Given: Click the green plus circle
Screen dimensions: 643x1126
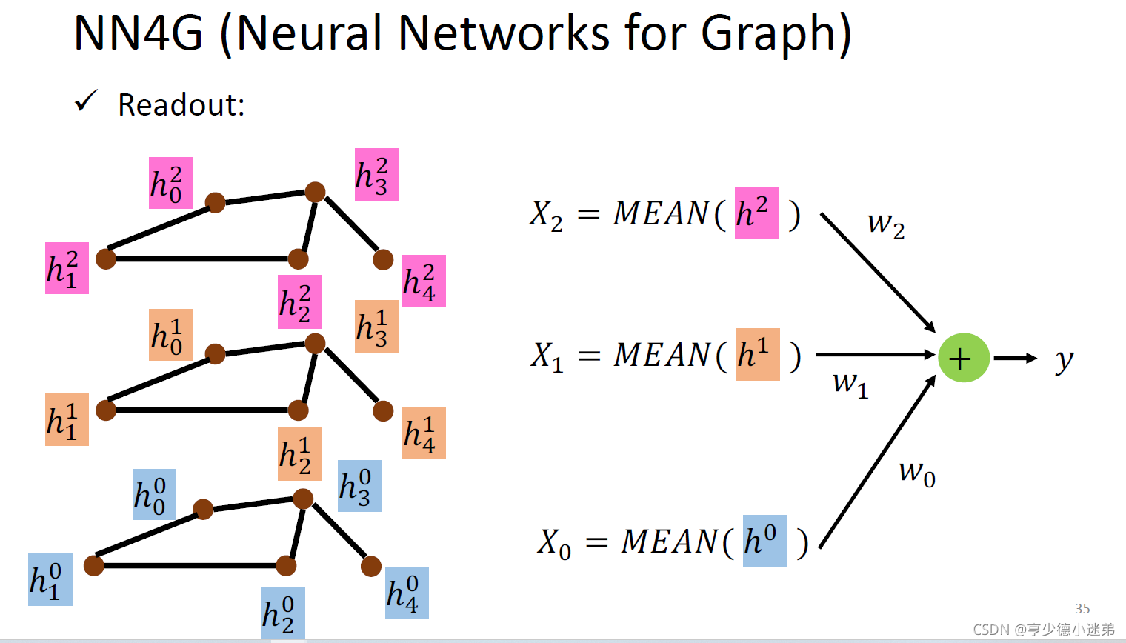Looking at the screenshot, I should click(x=963, y=358).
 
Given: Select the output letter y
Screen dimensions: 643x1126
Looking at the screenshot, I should click(x=1064, y=360).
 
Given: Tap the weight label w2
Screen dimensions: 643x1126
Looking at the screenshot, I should click(x=886, y=223).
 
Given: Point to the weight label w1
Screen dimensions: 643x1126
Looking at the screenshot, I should click(x=850, y=383).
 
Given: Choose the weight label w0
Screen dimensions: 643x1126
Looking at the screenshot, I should click(x=916, y=472).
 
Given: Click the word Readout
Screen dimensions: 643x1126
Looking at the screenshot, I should click(x=181, y=105).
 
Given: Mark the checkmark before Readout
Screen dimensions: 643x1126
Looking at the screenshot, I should click(x=86, y=101).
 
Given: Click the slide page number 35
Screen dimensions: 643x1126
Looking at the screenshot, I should click(x=1082, y=608).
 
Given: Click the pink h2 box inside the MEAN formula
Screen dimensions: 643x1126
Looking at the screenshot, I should click(x=756, y=213).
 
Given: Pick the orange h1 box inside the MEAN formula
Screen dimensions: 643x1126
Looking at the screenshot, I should click(x=758, y=354).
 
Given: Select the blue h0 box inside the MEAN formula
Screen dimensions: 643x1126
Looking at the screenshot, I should click(x=764, y=541).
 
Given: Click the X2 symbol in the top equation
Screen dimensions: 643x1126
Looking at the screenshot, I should click(x=547, y=216).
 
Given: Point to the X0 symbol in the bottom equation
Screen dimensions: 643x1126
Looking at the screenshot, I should click(x=554, y=543).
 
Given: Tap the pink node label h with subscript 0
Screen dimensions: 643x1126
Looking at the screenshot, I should click(x=170, y=183).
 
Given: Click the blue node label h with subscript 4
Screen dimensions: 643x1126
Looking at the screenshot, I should click(x=407, y=593).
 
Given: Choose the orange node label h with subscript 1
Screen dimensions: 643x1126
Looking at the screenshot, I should click(x=67, y=419).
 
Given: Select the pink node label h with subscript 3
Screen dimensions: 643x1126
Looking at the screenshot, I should click(x=376, y=175).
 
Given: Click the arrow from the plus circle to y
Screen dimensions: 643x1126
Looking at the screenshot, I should click(x=1014, y=359).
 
